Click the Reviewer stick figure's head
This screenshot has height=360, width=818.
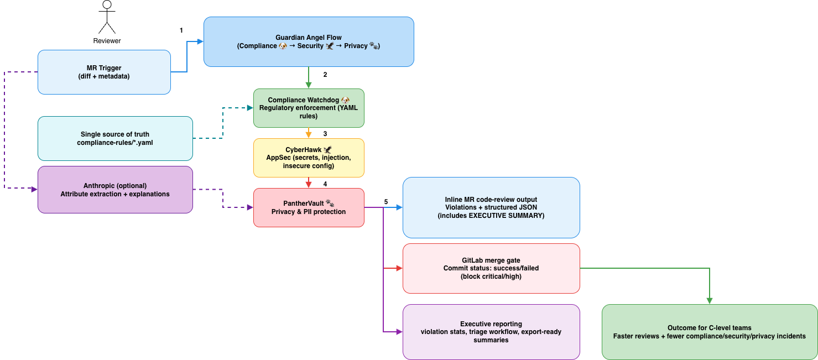pyautogui.click(x=107, y=4)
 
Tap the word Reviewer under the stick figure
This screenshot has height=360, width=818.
pyautogui.click(x=107, y=41)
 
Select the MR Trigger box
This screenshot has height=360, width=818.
pyautogui.click(x=104, y=72)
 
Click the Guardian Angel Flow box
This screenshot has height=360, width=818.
pyautogui.click(x=309, y=41)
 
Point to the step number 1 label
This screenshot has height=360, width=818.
pyautogui.click(x=181, y=30)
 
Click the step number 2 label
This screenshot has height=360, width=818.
pyautogui.click(x=325, y=75)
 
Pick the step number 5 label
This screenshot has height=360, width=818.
pyautogui.click(x=386, y=202)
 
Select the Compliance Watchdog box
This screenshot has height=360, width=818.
pyautogui.click(x=309, y=108)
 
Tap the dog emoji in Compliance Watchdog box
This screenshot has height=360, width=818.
pyautogui.click(x=345, y=100)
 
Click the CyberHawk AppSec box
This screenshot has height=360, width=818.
pyautogui.click(x=309, y=158)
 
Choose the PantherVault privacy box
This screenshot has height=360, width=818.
pyautogui.click(x=309, y=208)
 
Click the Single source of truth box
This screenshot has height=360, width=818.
pyautogui.click(x=115, y=138)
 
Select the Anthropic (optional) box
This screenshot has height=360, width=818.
pyautogui.click(x=115, y=190)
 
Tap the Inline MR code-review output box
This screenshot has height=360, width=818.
pyautogui.click(x=491, y=208)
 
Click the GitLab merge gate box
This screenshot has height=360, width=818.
pyautogui.click(x=491, y=268)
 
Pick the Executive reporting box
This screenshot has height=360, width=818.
pyautogui.click(x=491, y=332)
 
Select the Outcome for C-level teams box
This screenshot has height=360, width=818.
pyautogui.click(x=710, y=332)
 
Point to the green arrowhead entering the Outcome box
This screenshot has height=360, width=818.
pyautogui.click(x=710, y=301)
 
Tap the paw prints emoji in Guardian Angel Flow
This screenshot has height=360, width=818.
pyautogui.click(x=373, y=46)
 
